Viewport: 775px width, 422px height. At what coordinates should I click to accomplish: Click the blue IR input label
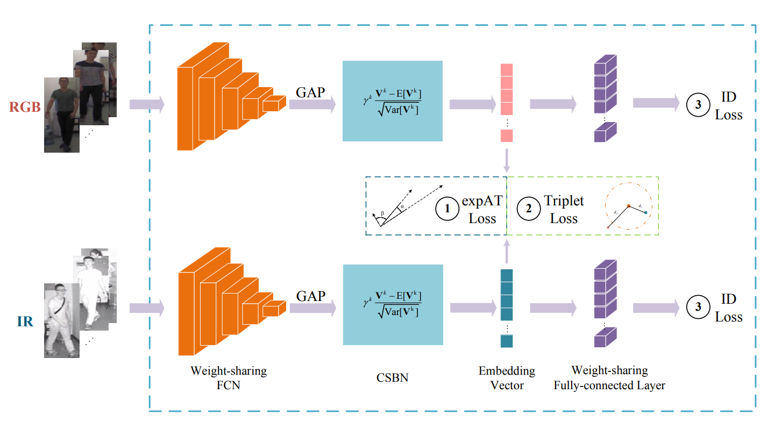coord(25,323)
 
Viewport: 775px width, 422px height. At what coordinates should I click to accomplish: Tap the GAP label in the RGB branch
coord(310,92)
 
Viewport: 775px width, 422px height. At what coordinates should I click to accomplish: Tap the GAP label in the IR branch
coord(311,296)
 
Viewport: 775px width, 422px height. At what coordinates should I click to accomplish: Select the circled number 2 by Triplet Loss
coord(528,209)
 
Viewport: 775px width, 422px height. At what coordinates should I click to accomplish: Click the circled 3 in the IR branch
coord(698,307)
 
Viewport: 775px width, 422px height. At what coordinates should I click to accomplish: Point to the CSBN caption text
coord(392,378)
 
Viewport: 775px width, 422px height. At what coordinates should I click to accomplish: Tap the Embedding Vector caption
coord(507,378)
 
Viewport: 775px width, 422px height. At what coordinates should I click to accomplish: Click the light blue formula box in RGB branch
coord(392,101)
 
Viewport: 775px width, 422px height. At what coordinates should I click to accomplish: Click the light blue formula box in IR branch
coord(392,305)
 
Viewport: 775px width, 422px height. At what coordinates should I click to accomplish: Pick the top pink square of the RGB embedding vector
coord(507,70)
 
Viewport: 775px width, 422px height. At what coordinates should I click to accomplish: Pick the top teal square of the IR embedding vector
coord(507,275)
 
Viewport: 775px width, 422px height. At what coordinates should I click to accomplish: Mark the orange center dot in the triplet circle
coord(628,205)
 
